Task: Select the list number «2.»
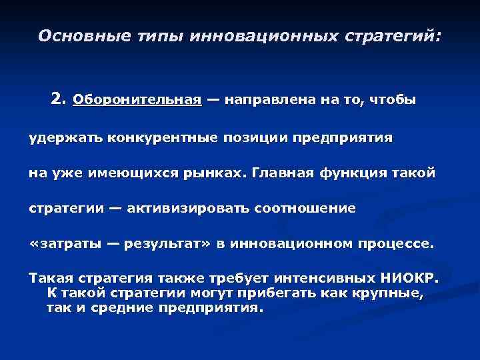pos(59,100)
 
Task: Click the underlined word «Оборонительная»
pos(137,101)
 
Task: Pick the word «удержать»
pos(58,138)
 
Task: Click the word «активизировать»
pos(188,208)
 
